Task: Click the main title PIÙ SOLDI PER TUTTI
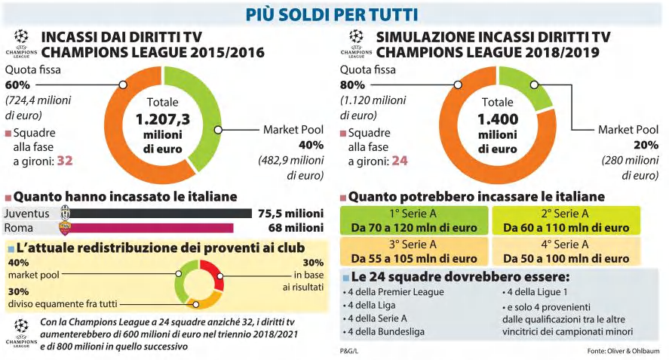[332, 15]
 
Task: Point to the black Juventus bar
[161, 213]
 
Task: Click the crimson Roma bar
[152, 228]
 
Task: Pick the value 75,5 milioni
[290, 213]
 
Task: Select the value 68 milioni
[296, 228]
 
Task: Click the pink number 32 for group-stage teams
[65, 161]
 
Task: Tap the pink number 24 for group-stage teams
[400, 161]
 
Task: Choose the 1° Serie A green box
[414, 220]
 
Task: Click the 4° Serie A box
[566, 251]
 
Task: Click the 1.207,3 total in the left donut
[163, 119]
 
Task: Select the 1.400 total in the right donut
[498, 119]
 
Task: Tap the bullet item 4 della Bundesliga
[384, 332]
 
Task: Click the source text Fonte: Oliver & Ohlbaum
[623, 351]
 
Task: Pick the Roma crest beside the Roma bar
[65, 228]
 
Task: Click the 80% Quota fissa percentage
[352, 85]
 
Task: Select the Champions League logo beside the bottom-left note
[21, 333]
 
